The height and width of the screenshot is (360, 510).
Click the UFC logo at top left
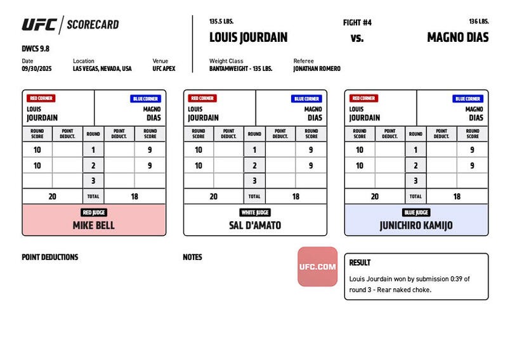39,25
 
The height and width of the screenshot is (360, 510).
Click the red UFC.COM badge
317,266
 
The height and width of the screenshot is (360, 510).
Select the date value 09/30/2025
36,68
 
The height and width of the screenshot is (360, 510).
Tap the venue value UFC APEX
164,68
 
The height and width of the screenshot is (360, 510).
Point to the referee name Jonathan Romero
317,68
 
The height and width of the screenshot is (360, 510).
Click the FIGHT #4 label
357,23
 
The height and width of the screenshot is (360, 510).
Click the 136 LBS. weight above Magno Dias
478,21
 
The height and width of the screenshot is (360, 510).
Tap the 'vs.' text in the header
357,37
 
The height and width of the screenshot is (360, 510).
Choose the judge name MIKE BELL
94,225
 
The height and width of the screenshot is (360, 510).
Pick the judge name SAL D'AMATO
255,225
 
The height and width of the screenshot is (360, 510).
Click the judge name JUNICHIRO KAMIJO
416,225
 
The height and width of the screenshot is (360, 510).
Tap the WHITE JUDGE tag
255,212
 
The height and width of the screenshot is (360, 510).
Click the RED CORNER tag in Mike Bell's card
41,98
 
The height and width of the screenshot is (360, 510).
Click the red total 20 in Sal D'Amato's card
213,196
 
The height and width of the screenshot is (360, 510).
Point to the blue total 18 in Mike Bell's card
134,196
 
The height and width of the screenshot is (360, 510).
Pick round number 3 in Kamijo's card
416,181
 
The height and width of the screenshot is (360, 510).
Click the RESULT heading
360,262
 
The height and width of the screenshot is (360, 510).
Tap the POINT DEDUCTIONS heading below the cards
50,257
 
